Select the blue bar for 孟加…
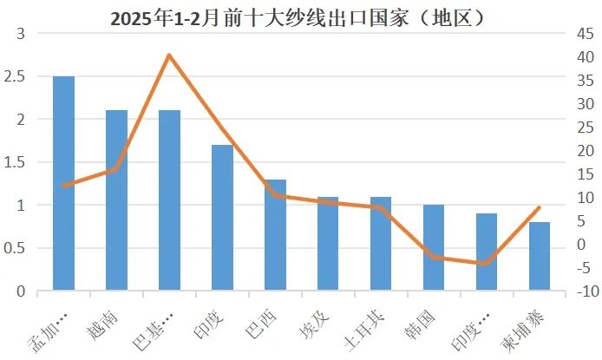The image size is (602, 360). click(x=63, y=183)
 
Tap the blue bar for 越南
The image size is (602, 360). click(x=116, y=200)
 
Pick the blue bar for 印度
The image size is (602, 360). click(x=222, y=218)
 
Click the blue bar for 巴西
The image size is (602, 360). click(x=275, y=235)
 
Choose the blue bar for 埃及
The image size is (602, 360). click(x=328, y=244)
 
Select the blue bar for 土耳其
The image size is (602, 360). click(x=381, y=244)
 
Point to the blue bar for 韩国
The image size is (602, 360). click(x=434, y=248)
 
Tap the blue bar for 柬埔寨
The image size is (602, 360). click(x=540, y=257)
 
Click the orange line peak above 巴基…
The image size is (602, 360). click(x=169, y=56)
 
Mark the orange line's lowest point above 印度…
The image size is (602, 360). click(x=487, y=264)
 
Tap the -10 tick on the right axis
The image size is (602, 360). click(x=584, y=292)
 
